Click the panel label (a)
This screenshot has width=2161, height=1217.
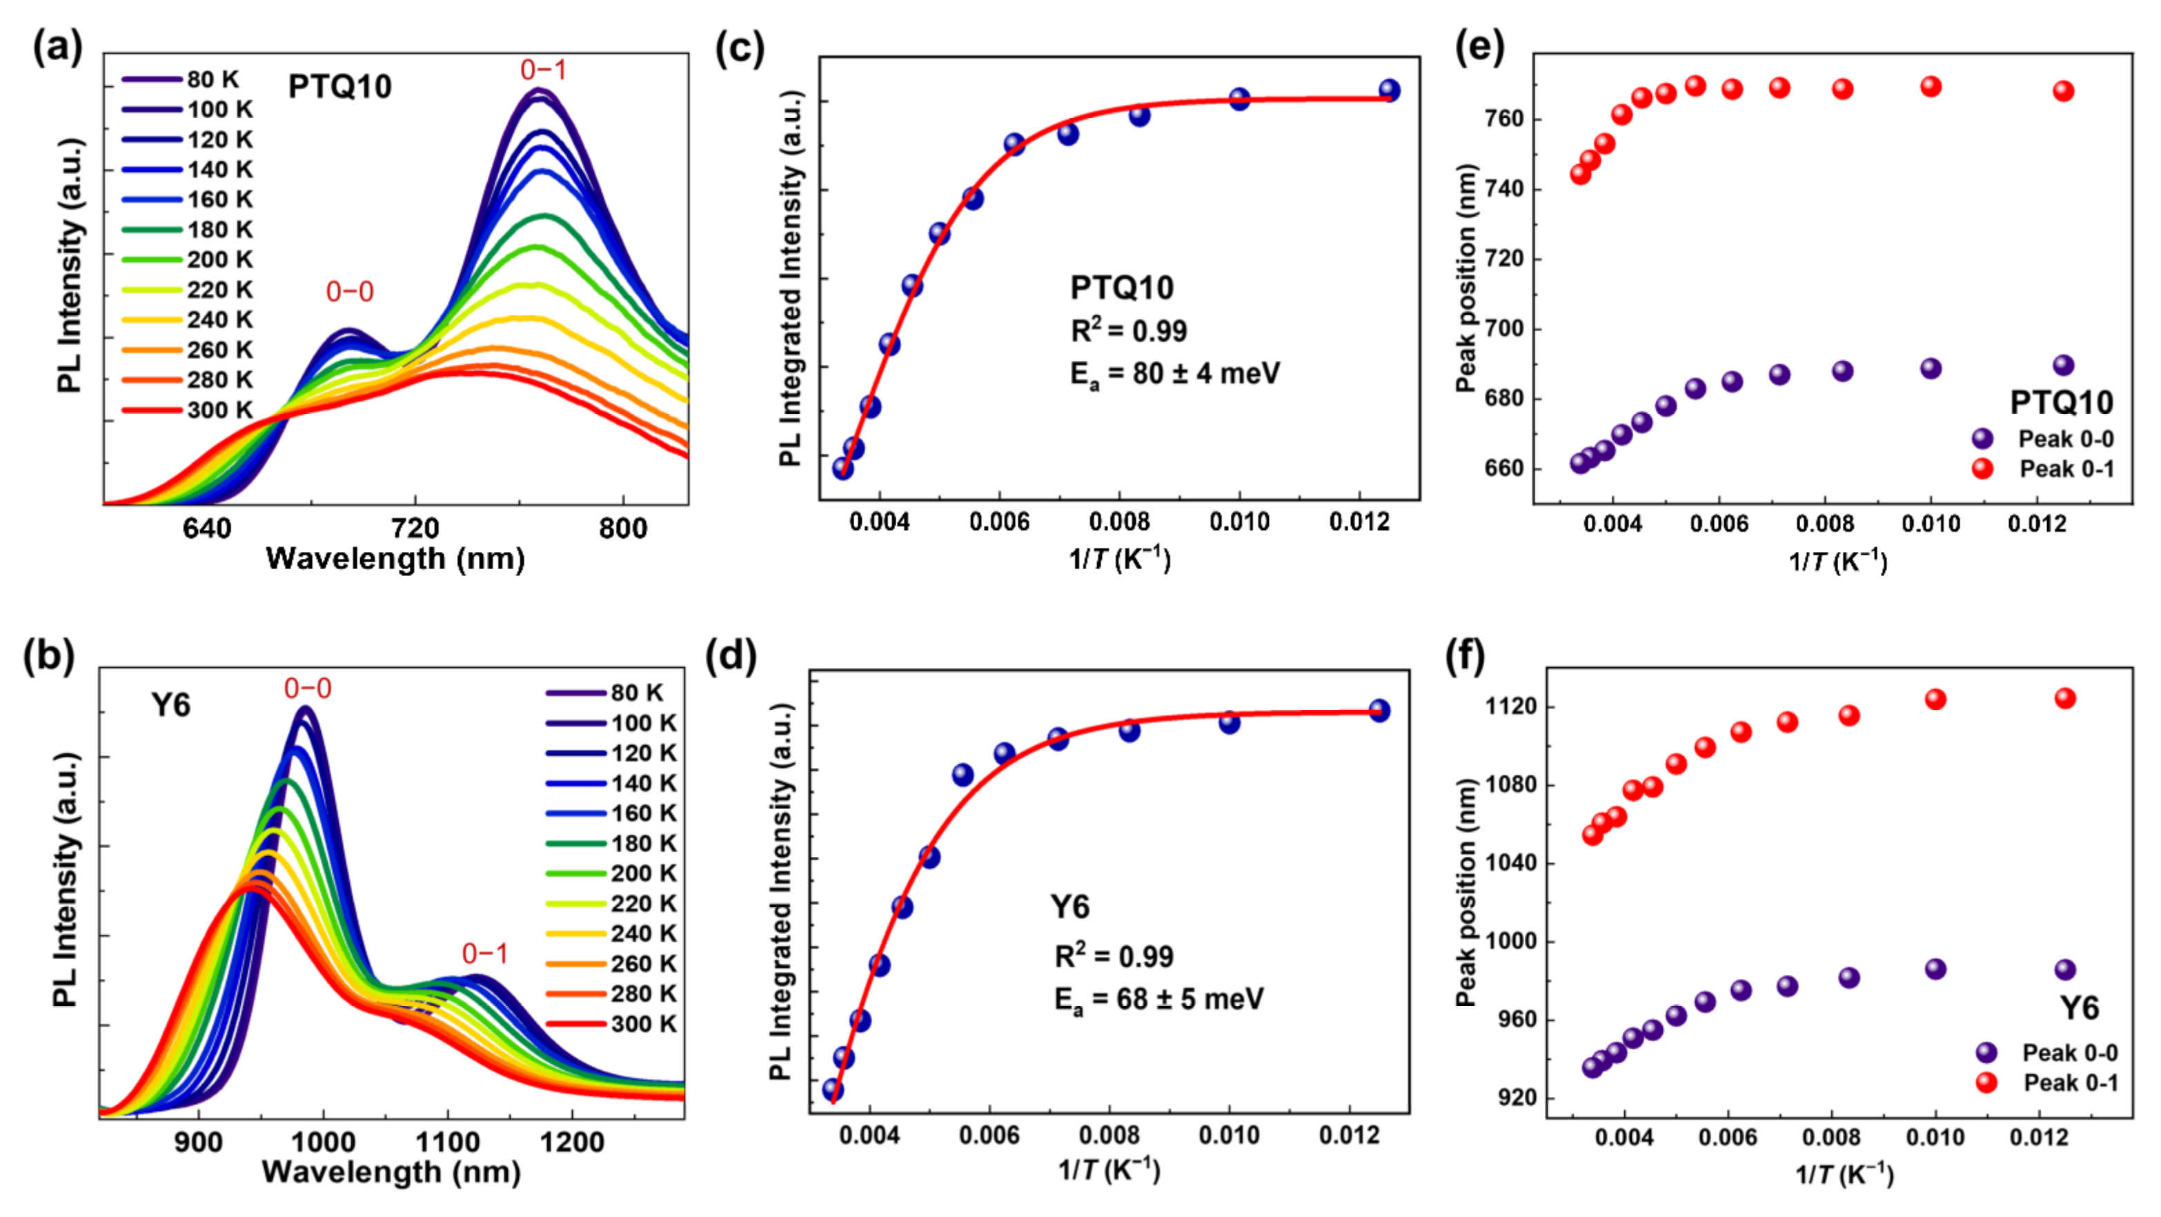(x=57, y=48)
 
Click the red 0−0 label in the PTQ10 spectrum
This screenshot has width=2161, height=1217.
(x=349, y=292)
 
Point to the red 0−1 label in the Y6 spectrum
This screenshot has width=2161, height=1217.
(x=485, y=953)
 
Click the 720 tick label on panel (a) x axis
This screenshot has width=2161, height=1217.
(x=415, y=528)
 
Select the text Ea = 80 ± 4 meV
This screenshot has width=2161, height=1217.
(x=1174, y=373)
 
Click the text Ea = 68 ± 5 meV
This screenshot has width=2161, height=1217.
(x=1158, y=999)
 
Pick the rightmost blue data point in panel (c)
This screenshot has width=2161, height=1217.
(x=1389, y=90)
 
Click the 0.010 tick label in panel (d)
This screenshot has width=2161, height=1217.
(x=1228, y=1136)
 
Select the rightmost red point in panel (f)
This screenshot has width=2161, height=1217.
(x=2064, y=697)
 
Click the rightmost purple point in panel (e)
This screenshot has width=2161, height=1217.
(x=2063, y=366)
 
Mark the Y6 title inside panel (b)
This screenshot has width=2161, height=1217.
(x=170, y=704)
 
